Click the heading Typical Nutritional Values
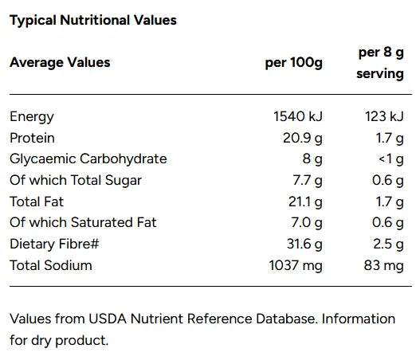click(x=93, y=20)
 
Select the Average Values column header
click(x=60, y=62)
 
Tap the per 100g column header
click(x=293, y=62)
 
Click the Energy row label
click(x=32, y=116)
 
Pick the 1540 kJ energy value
click(x=298, y=116)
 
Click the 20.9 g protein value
click(x=303, y=138)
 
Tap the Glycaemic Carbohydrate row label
click(x=88, y=158)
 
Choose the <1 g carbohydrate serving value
click(x=390, y=158)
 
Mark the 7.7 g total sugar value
click(x=307, y=180)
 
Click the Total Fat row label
click(x=36, y=202)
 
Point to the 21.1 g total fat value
click(x=305, y=202)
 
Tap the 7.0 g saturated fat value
click(x=307, y=222)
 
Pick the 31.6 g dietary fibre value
click(x=304, y=244)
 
